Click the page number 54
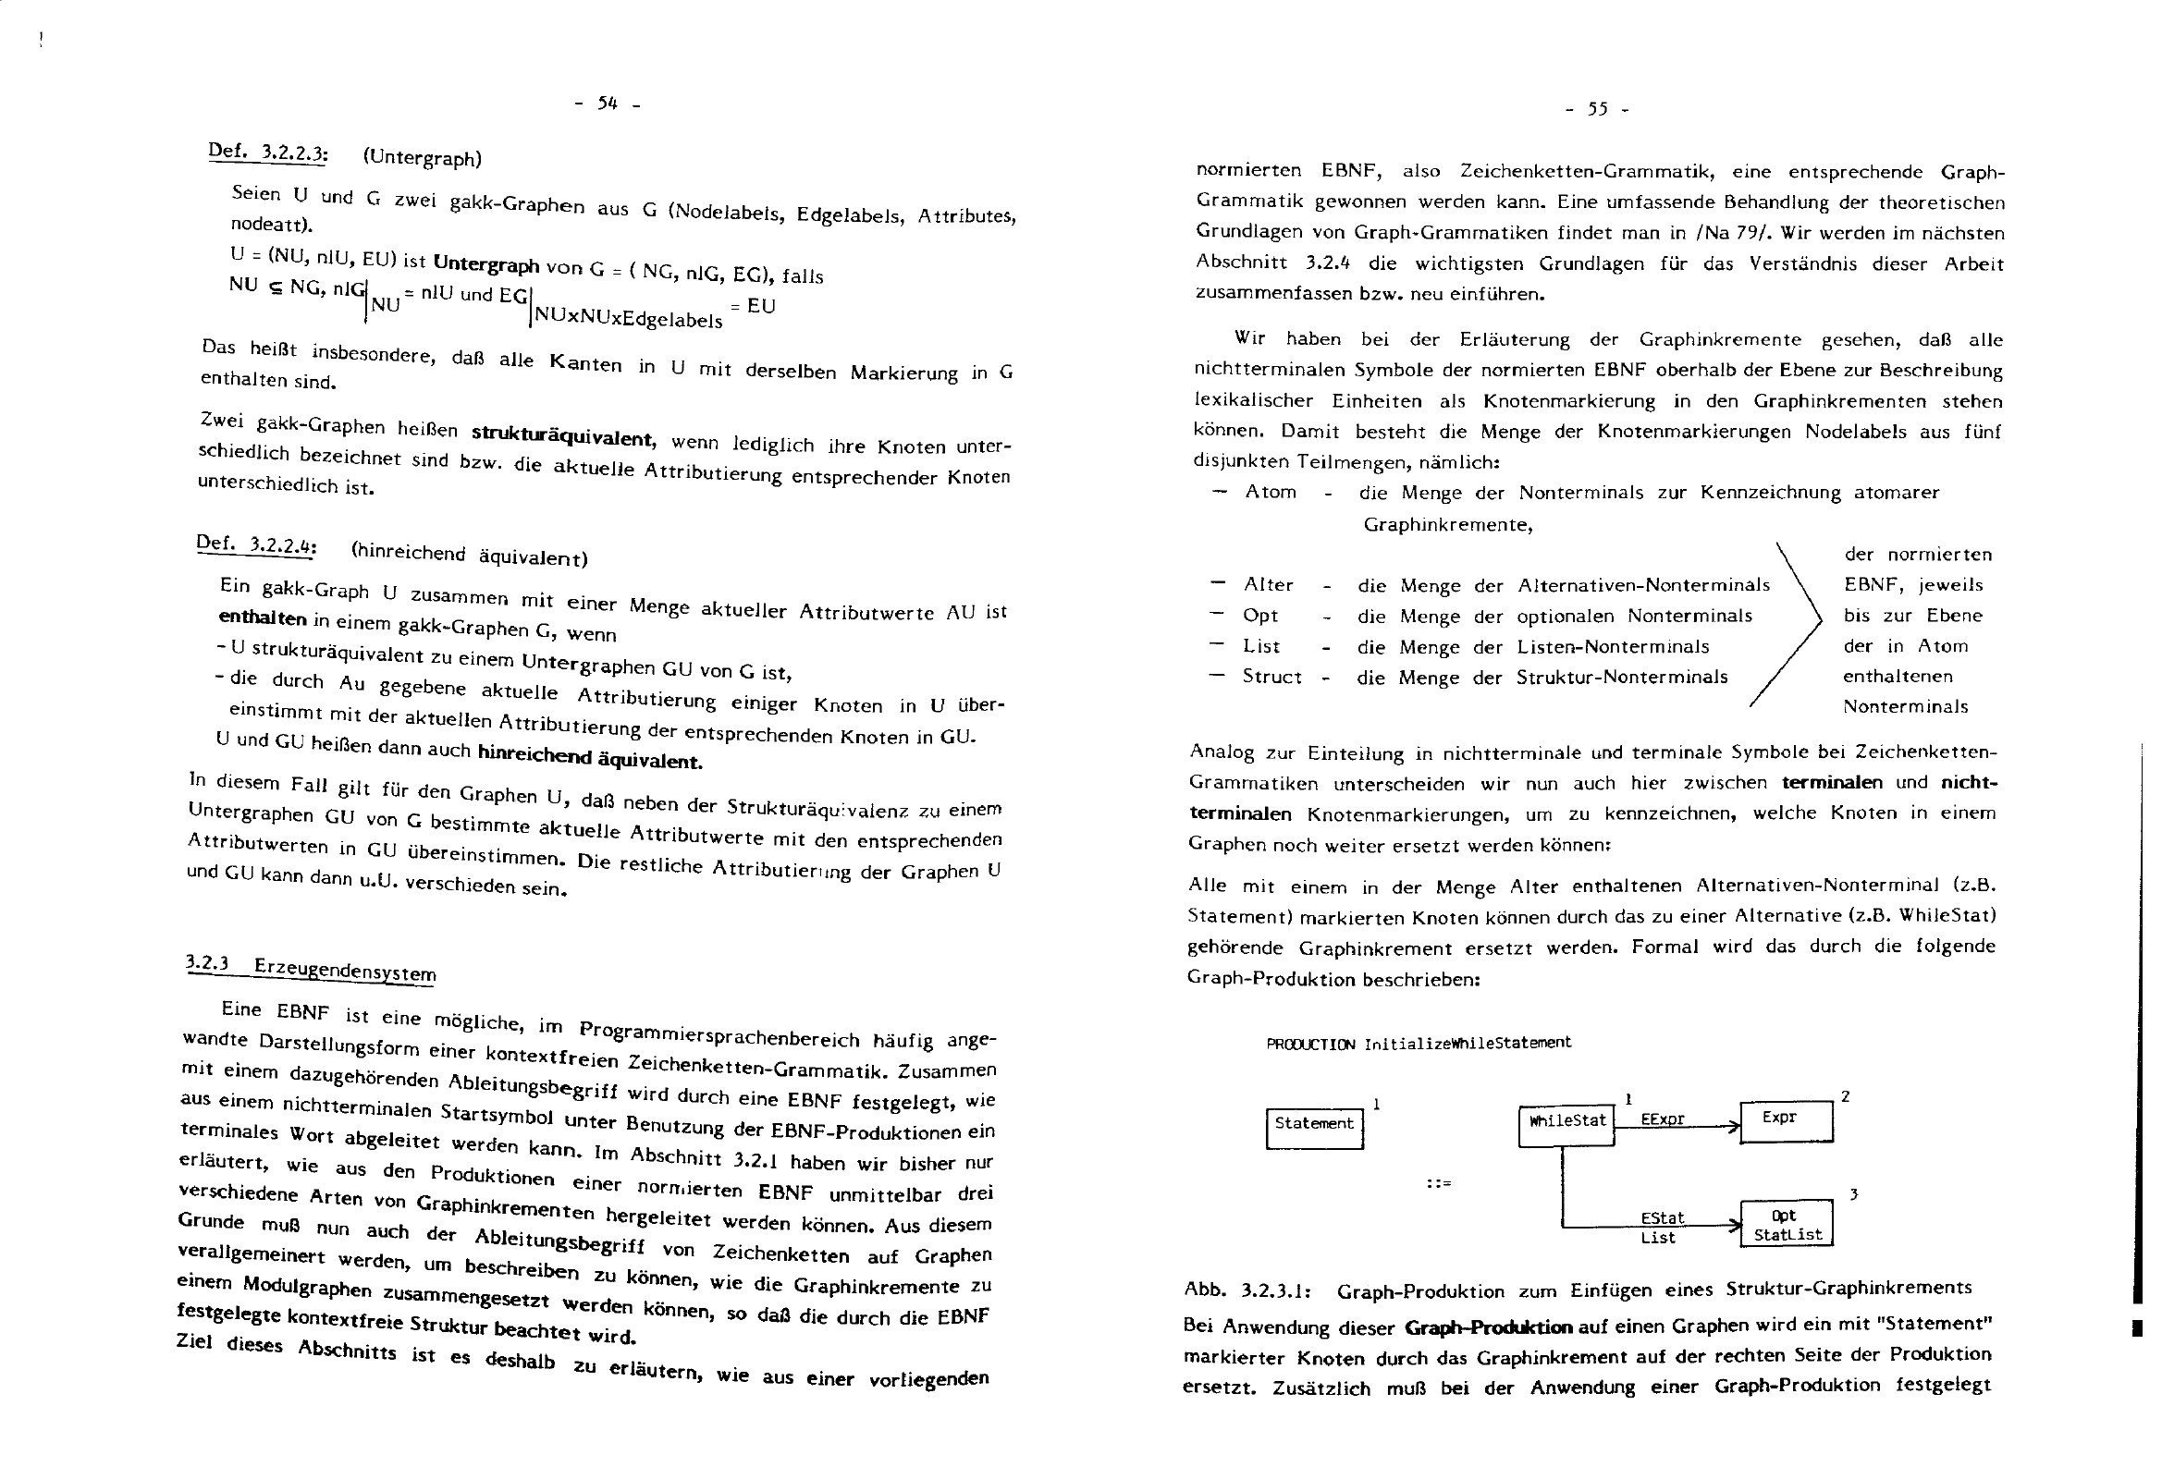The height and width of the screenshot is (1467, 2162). pos(608,104)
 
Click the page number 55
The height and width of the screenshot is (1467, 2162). pos(1597,110)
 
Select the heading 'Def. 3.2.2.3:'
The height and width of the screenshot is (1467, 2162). pos(268,153)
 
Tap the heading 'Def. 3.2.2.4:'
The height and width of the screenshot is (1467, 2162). pos(257,546)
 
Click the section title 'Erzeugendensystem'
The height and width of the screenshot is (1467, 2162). pos(344,970)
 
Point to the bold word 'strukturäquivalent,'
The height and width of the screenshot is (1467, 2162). pos(563,434)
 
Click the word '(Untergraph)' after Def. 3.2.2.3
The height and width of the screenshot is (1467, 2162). pos(423,157)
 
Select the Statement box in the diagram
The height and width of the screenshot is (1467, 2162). pos(1314,1128)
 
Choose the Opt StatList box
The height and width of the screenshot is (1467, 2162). pos(1787,1224)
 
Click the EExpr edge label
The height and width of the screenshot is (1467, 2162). pos(1663,1119)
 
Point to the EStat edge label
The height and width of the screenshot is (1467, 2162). pos(1663,1217)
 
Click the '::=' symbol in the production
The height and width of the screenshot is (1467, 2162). pos(1439,1184)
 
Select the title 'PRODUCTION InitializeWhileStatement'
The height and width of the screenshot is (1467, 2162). pos(1419,1043)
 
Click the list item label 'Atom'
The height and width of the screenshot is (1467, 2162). pos(1271,492)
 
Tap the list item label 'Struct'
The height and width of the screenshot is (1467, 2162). pos(1271,677)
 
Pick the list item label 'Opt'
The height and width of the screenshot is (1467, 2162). pos(1260,615)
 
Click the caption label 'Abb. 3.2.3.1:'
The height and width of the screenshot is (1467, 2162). pos(1247,1290)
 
